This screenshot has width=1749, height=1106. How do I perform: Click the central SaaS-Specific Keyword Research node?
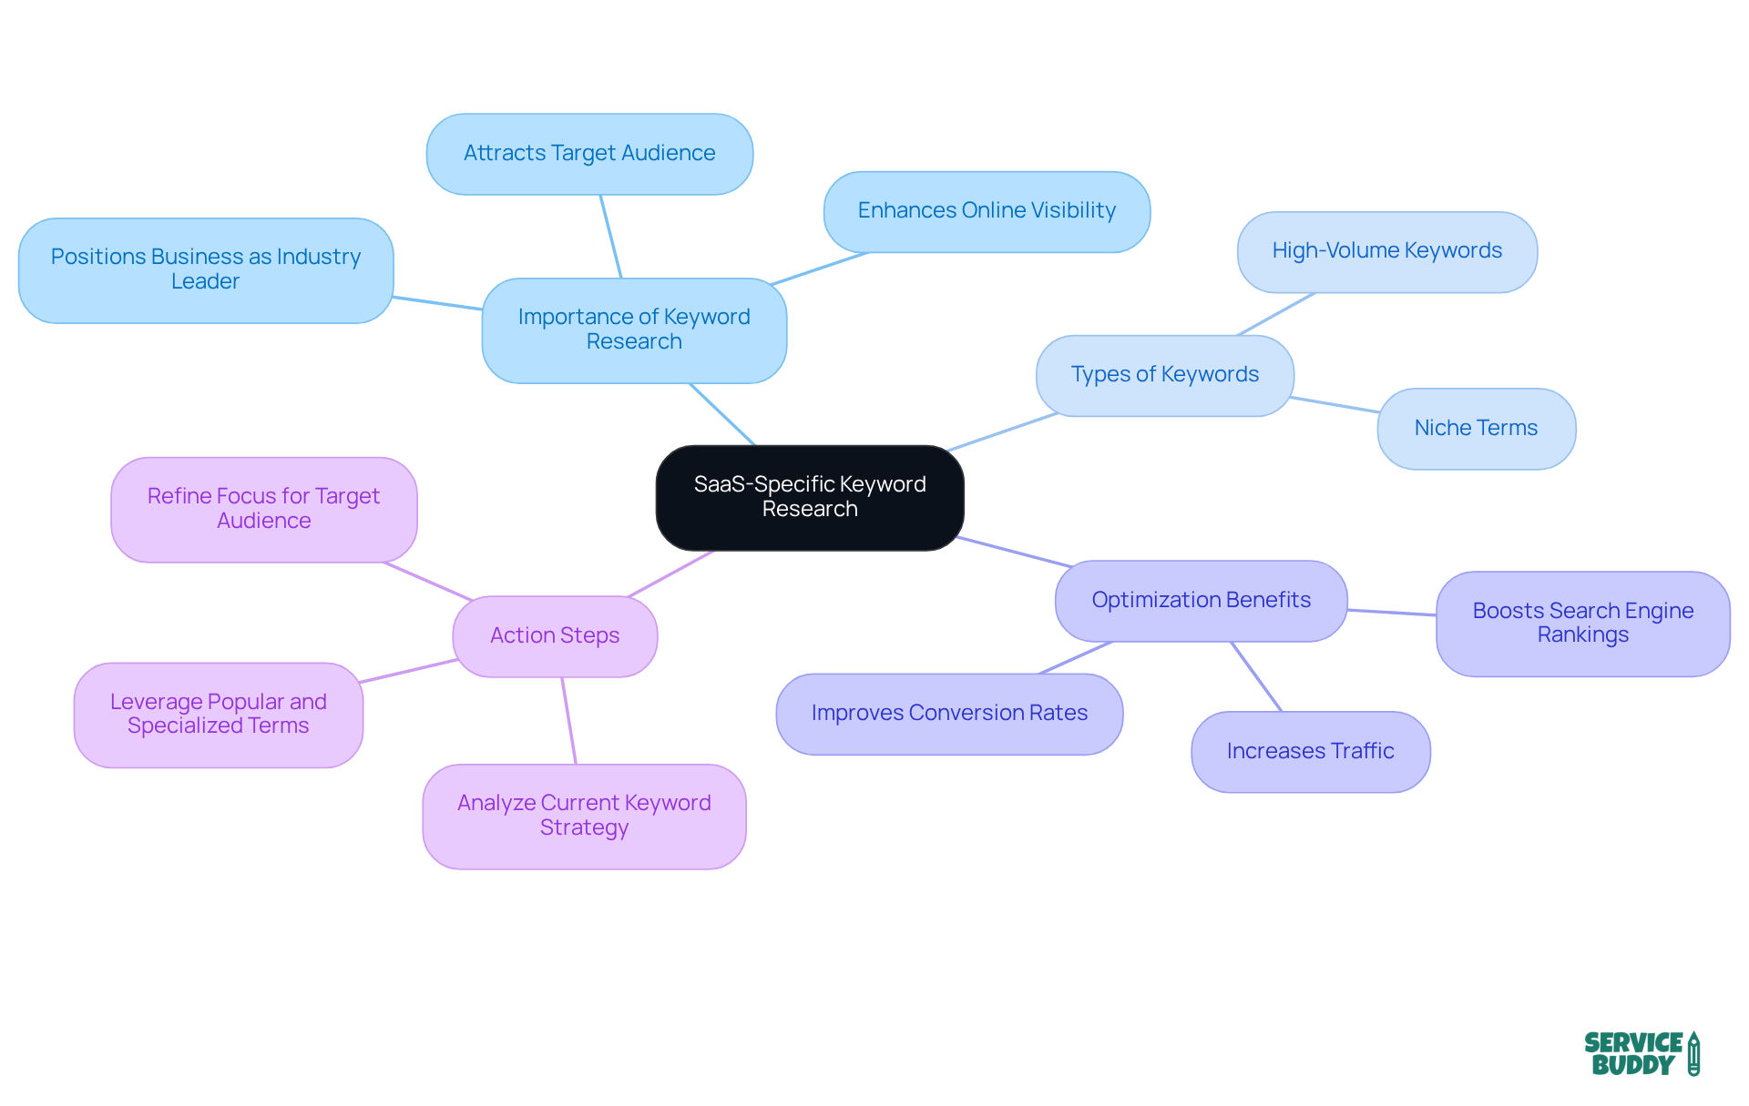click(810, 497)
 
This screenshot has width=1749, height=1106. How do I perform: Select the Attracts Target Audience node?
click(589, 154)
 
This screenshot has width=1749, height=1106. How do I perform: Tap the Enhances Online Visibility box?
click(987, 211)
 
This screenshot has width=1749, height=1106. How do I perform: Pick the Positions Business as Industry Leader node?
click(206, 269)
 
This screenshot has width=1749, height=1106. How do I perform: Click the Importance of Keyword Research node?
click(634, 330)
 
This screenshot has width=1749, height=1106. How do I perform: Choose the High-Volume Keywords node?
click(1386, 251)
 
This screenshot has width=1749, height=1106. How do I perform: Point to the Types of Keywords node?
click(1164, 375)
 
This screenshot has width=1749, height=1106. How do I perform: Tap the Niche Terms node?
click(1476, 429)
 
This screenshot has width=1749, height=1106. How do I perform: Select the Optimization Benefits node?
click(1201, 601)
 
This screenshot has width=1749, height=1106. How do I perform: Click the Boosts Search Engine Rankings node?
click(1582, 624)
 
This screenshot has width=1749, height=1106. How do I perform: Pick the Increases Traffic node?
click(1310, 752)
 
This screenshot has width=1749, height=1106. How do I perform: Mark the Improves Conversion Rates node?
click(949, 714)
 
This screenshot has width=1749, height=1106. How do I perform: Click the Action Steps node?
click(555, 636)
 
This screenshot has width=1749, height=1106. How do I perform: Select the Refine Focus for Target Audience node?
click(263, 509)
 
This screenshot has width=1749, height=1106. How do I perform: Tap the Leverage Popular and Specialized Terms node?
click(219, 715)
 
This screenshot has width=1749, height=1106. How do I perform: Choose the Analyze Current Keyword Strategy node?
click(584, 816)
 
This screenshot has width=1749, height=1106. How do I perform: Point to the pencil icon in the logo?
click(1693, 1053)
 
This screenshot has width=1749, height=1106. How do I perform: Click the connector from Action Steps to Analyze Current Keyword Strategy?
click(569, 721)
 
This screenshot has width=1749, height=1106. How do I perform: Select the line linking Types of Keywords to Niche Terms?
click(1335, 405)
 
